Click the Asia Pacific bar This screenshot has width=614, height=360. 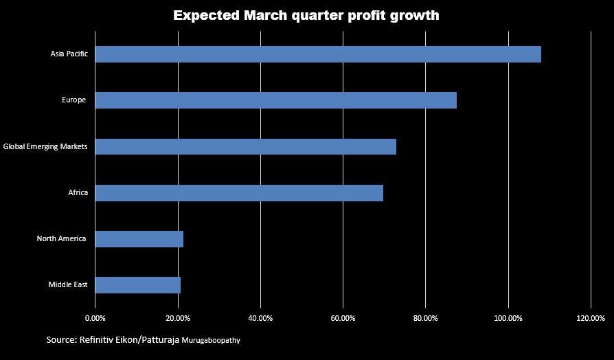318,54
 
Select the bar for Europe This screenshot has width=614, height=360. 275,100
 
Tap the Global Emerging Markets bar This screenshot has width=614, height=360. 245,146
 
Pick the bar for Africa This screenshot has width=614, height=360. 239,193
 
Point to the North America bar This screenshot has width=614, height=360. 139,239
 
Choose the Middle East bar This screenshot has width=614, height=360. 137,285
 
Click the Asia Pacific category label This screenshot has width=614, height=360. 69,54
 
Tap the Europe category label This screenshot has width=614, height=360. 73,100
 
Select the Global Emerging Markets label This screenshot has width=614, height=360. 45,146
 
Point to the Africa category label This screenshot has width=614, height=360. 78,193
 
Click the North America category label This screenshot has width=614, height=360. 61,239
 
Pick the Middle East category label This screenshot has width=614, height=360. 67,285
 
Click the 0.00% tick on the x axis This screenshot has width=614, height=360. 95,318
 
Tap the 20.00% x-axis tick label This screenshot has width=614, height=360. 178,318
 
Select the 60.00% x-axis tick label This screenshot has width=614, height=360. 343,318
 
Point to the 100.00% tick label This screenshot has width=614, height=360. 508,318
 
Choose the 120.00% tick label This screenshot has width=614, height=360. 591,318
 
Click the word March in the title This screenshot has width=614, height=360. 267,15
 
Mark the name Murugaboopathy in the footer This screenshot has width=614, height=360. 211,340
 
